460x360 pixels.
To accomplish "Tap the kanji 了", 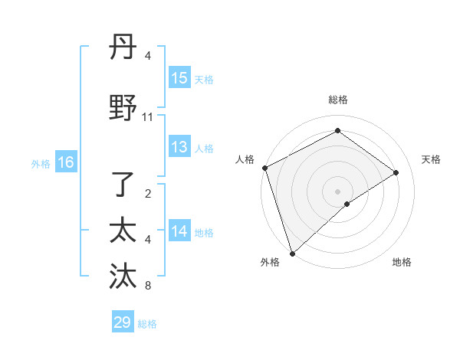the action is (123, 184).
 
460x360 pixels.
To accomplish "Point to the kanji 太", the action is (123, 231).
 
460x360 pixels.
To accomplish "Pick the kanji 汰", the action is (123, 277).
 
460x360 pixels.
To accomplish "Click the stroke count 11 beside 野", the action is (148, 117).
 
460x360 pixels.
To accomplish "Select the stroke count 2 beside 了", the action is (148, 193).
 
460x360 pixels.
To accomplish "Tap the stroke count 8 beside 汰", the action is (148, 286).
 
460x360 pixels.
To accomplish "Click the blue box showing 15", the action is (179, 78).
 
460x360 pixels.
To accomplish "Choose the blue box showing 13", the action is (179, 147).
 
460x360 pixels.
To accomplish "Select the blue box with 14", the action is (179, 231).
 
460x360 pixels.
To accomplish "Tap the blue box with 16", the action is (66, 162).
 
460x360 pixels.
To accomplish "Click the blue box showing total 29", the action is (123, 322).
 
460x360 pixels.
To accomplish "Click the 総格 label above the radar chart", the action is (338, 100).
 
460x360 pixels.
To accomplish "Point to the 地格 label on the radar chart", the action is (402, 262).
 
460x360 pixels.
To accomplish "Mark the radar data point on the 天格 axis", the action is (396, 172).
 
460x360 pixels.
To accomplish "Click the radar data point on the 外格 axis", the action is (292, 253).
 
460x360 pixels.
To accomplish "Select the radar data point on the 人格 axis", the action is (264, 168).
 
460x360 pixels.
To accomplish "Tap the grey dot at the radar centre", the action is (338, 191).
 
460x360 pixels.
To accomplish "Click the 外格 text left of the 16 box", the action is (41, 163).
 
